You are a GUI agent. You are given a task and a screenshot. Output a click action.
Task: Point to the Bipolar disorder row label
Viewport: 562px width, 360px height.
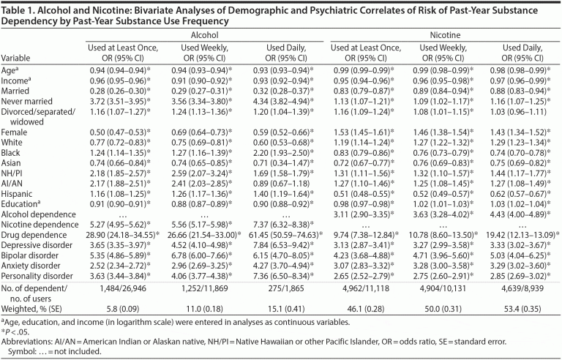33,254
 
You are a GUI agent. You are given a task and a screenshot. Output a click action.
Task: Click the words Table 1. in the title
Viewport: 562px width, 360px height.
20,8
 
